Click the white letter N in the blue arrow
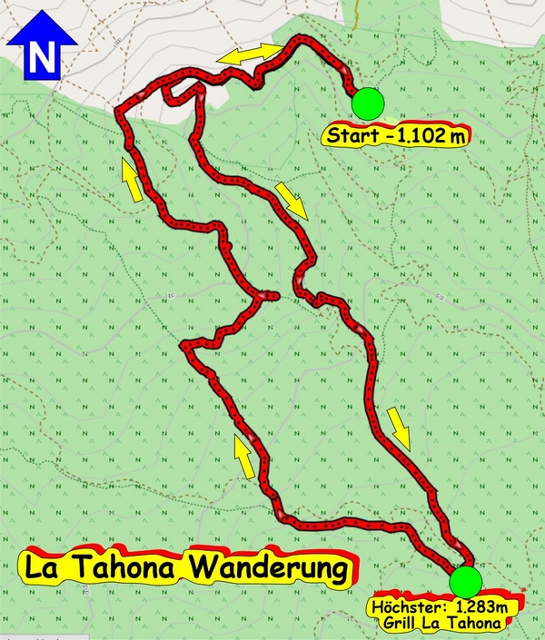[x=40, y=58]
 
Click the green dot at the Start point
[x=368, y=103]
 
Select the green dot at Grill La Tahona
[x=465, y=580]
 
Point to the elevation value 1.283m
[x=472, y=606]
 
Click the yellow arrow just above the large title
[x=243, y=458]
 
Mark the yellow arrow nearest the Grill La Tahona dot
[x=400, y=428]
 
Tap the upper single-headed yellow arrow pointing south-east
[x=292, y=201]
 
